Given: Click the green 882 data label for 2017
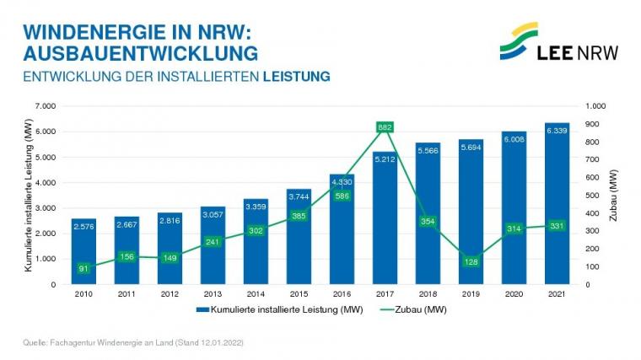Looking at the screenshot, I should [385, 127].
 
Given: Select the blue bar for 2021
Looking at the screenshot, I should [557, 211].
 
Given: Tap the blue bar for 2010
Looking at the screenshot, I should [83, 253].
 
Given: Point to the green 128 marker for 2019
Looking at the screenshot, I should [471, 261].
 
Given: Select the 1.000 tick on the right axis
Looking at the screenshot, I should [595, 106].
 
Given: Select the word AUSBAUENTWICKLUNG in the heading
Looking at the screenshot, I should [140, 53].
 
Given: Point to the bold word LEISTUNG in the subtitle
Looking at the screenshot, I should [296, 76].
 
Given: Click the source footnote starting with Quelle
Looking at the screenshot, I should [134, 343].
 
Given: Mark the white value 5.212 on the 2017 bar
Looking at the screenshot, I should [385, 159].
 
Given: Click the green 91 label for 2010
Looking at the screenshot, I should [83, 268].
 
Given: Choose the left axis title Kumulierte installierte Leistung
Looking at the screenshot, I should [28, 195].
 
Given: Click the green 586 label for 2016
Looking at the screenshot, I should [342, 196].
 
